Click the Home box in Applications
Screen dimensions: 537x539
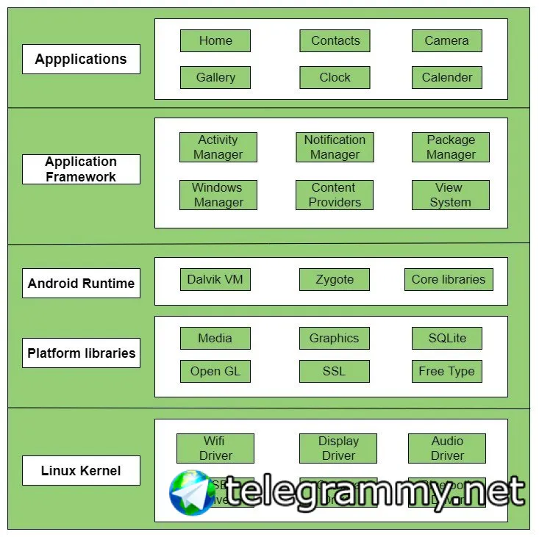pos(215,41)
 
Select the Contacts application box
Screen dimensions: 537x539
pos(335,41)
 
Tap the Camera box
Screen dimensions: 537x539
pos(446,41)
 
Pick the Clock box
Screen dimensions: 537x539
pos(335,77)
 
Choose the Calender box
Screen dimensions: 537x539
pos(446,77)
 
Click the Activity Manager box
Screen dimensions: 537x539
pos(218,147)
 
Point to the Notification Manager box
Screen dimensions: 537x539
pos(335,147)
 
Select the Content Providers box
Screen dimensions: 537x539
pos(335,195)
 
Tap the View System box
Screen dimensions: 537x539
pos(450,195)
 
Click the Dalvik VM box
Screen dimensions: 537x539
pos(215,279)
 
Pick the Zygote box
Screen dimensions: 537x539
pos(335,279)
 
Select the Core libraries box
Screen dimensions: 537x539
pos(449,279)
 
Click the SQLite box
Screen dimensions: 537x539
pos(446,338)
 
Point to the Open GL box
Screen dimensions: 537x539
pos(215,371)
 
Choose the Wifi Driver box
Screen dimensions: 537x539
pos(215,448)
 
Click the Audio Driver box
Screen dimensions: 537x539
pos(447,448)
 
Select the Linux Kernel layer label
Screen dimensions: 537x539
pos(81,470)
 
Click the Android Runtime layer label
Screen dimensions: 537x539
pos(81,283)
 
